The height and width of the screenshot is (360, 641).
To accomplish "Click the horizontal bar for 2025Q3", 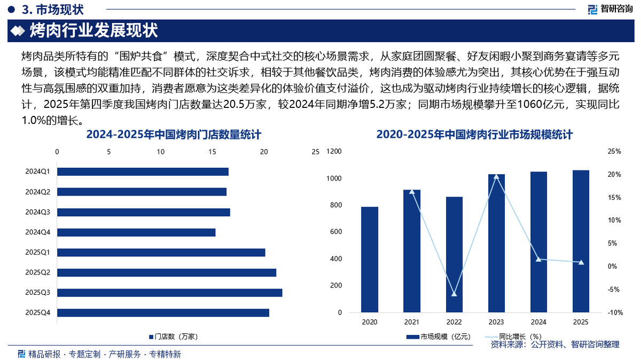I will click(x=169, y=293).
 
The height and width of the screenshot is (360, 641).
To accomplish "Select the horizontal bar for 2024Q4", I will click(x=136, y=232).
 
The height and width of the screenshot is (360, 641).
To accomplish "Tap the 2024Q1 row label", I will click(x=37, y=171).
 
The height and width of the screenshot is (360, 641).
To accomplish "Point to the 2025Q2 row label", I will click(x=37, y=272).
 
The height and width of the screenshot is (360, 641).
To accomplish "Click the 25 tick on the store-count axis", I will click(x=315, y=152).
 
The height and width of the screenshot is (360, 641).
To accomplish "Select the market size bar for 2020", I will click(x=370, y=260).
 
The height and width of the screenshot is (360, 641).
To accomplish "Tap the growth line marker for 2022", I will click(x=454, y=294).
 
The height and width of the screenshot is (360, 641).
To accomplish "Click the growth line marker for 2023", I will click(x=496, y=176).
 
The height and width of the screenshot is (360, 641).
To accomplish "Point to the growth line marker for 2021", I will click(x=412, y=191).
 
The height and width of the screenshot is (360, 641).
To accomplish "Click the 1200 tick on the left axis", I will click(x=334, y=152).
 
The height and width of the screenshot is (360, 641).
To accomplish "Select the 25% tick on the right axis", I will click(x=614, y=152).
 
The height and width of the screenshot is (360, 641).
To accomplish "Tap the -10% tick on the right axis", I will click(x=614, y=312).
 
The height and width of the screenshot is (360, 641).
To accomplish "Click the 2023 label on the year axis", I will click(x=496, y=322).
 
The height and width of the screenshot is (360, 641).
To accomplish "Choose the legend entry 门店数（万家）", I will click(x=174, y=336).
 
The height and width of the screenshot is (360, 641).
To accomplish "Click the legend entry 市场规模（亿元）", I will click(x=438, y=336).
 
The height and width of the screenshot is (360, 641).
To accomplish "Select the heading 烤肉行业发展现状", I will click(x=93, y=30).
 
